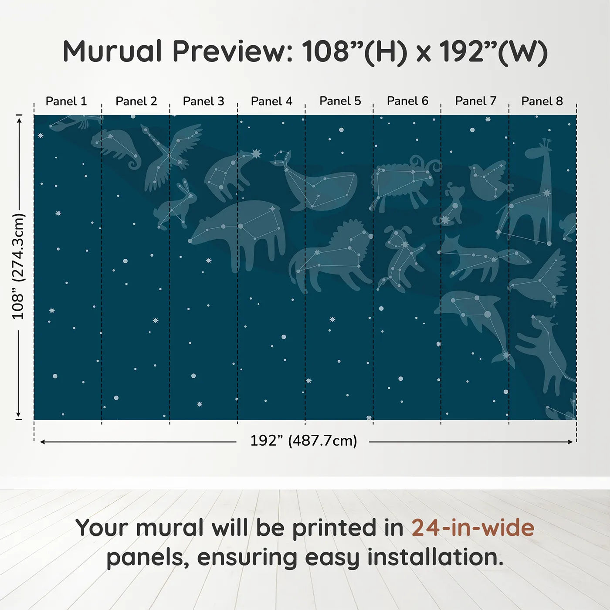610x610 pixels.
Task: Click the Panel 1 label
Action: (66, 101)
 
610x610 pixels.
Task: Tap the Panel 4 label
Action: (271, 101)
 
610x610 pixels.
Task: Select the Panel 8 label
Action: (542, 101)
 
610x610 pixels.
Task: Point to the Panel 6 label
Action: (407, 101)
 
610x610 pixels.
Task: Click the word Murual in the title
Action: (112, 51)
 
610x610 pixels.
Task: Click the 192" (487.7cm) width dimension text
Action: (303, 441)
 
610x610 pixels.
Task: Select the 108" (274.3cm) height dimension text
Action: (18, 266)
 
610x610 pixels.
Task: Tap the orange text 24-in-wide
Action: (473, 528)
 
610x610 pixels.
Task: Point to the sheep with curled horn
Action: (401, 181)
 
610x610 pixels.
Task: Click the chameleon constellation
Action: (115, 146)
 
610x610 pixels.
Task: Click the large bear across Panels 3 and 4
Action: (244, 231)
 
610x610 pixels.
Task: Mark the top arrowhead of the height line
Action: (19, 119)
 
